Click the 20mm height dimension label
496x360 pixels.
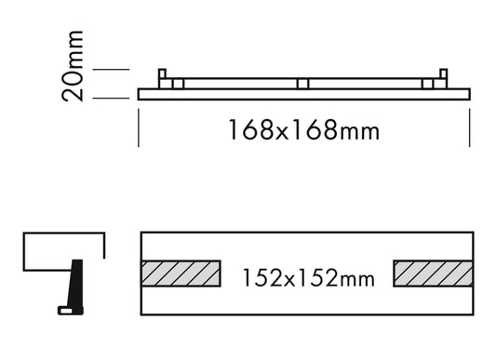73,66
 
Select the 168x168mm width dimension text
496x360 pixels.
303,129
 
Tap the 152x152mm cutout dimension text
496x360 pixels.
308,278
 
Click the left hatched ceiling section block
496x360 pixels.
181,273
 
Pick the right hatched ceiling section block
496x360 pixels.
433,273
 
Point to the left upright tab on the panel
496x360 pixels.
162,73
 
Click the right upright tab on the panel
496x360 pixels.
444,73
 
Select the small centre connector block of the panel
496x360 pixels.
302,84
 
